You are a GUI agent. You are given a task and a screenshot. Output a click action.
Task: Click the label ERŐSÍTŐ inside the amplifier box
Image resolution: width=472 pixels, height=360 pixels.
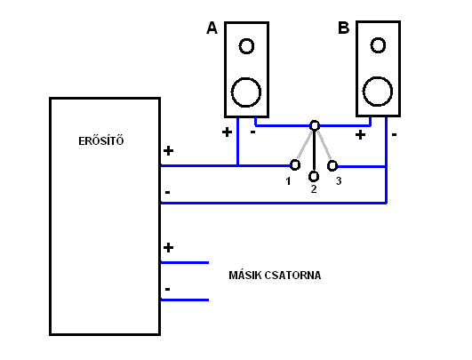[x=101, y=140]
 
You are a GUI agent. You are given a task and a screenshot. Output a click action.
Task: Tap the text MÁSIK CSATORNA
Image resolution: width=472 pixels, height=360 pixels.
[x=275, y=276]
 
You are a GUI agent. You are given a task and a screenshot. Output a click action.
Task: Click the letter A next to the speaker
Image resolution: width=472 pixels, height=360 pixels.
[x=212, y=28]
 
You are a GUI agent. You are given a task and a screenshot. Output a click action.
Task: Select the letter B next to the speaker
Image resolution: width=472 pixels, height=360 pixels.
[x=344, y=28]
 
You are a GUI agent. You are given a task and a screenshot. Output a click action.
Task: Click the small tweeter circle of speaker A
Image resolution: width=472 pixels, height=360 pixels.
[x=246, y=39]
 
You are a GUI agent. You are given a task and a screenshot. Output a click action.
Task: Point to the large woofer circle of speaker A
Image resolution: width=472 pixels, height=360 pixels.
[x=246, y=78]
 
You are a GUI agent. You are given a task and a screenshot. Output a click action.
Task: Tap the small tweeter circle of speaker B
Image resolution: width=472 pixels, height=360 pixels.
[x=378, y=38]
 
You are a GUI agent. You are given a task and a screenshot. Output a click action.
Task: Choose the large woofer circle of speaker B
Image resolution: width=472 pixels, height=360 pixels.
[x=378, y=77]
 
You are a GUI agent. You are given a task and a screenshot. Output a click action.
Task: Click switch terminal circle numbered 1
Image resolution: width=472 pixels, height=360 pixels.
[x=295, y=160]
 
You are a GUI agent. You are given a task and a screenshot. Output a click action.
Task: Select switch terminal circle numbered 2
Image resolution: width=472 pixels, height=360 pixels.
[x=314, y=172]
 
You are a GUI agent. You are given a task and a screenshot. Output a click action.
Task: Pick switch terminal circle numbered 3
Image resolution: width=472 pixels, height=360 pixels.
[x=332, y=162]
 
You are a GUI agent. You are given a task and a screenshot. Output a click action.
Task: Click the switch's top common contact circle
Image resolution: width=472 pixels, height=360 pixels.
[x=315, y=121]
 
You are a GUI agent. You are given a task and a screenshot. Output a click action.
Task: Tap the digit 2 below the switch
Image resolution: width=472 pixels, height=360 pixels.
[x=314, y=189]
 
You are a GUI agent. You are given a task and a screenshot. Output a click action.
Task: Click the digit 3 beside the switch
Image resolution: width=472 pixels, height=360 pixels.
[x=339, y=181]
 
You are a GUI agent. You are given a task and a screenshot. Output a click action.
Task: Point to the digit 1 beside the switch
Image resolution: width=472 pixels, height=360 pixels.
[x=288, y=181]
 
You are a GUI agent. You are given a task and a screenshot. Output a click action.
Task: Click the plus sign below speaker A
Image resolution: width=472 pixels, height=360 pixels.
[x=227, y=132]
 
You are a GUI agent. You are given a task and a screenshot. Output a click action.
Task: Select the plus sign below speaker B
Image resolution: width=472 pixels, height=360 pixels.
[x=360, y=134]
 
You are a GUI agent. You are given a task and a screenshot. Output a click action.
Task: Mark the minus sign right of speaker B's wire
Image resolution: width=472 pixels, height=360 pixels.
[x=394, y=134]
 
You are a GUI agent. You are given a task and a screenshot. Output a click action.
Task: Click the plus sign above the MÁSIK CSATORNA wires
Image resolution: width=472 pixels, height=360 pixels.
[x=168, y=247]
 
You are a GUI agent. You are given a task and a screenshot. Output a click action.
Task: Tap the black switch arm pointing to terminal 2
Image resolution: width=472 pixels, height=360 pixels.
[x=314, y=151]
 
